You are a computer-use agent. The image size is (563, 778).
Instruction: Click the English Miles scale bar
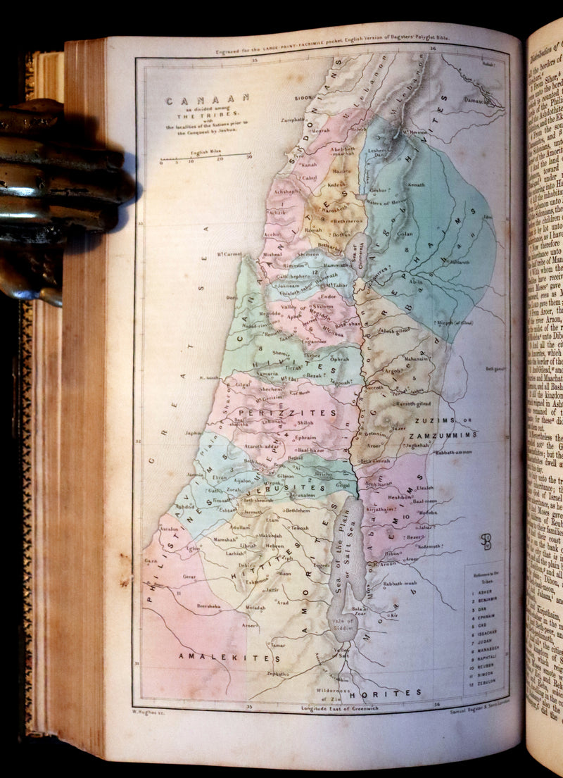click(x=205, y=155)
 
